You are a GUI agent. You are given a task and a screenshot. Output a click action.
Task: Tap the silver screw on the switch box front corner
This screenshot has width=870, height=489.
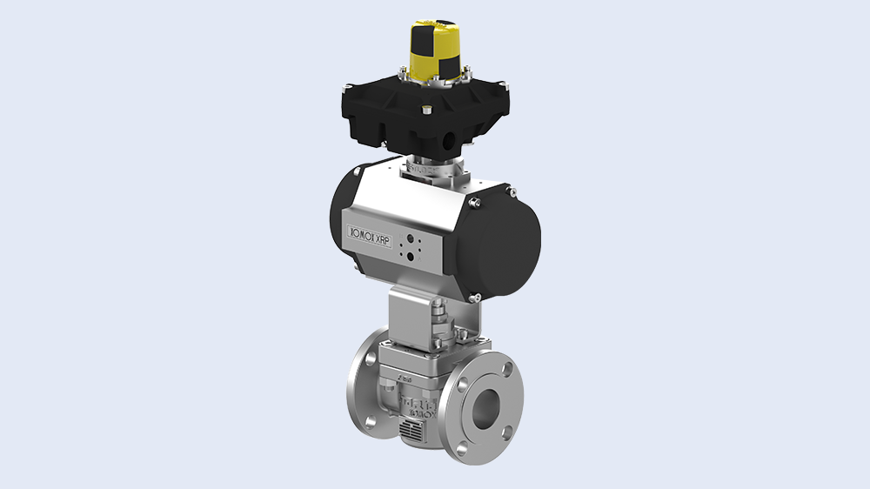tap(426, 109)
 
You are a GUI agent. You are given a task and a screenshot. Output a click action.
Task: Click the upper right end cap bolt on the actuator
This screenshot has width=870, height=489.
tap(474, 203)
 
